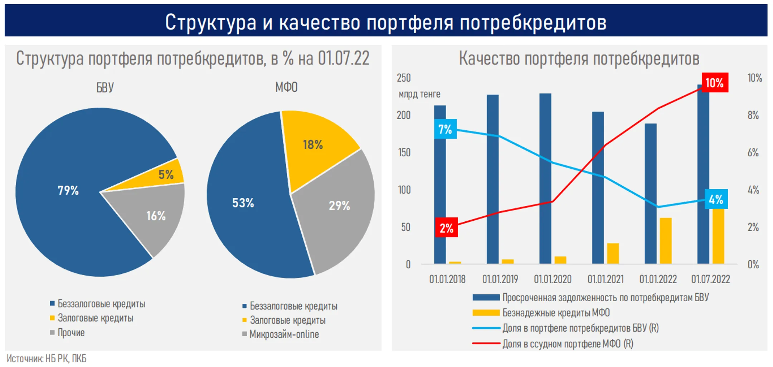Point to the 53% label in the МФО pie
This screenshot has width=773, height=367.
pos(243,203)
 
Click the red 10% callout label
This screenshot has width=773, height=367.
pos(714,83)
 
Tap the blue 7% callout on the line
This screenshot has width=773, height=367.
pos(445,129)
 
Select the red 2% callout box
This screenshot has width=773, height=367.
pos(446,228)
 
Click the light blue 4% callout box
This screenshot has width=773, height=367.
pos(716,199)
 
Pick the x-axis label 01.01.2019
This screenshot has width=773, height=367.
pos(500,279)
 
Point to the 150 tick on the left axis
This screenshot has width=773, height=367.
pos(404,153)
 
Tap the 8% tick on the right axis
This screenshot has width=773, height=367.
pos(753,116)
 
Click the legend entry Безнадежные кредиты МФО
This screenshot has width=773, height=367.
pos(555,313)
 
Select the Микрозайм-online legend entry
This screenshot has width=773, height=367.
pos(284,334)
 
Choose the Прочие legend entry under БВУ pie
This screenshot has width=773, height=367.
pos(71,333)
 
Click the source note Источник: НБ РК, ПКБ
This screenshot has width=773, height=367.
pos(47,358)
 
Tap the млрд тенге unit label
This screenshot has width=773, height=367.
pos(419,94)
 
